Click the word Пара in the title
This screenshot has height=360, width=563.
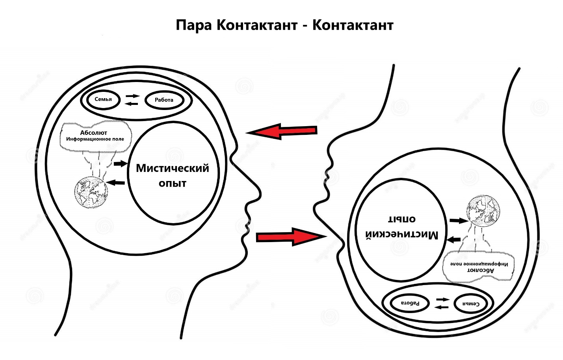click(193, 25)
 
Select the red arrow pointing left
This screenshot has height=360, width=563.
click(281, 131)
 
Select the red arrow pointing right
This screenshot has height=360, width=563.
click(291, 237)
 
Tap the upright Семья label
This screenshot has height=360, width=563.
click(103, 99)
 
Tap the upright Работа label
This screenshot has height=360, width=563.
click(164, 100)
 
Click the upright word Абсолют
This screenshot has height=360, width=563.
click(93, 132)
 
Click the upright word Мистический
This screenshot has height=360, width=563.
click(173, 168)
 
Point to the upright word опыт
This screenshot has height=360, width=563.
click(173, 183)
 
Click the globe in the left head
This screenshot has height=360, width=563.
click(91, 192)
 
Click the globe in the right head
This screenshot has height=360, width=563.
click(483, 211)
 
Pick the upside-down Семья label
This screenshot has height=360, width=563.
click(471, 304)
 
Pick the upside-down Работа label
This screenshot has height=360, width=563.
click(410, 303)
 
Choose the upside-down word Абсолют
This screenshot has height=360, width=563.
click(480, 270)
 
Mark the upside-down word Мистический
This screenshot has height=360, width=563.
click(401, 235)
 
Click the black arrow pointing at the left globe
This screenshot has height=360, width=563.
click(115, 183)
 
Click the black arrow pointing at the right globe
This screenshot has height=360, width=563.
click(459, 221)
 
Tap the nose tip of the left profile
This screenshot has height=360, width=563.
click(261, 194)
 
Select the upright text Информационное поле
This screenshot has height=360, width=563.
click(95, 139)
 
